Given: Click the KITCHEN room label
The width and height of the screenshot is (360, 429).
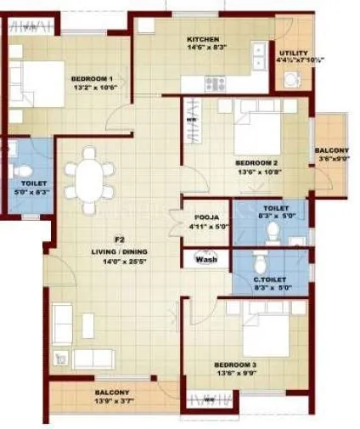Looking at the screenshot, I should tap(204, 40).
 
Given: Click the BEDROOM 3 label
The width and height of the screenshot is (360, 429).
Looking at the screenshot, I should tap(236, 364).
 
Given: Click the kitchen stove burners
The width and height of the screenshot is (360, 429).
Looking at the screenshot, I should tap(213, 84).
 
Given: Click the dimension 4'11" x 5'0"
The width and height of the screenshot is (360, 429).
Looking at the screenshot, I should tap(202, 227).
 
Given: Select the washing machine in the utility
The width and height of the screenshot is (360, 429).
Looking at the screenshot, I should tap(291, 79).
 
